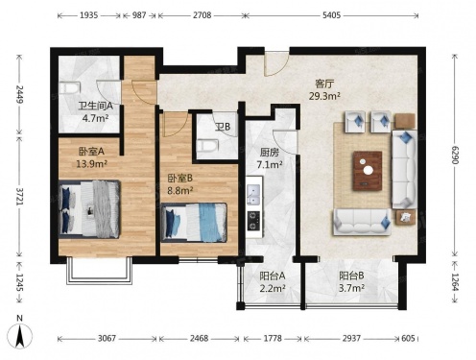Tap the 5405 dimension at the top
(331, 15)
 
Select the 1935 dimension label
(88, 15)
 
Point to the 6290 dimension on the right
(455, 155)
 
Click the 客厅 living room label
(324, 84)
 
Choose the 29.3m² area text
(324, 96)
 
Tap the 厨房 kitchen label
(270, 153)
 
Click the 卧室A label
(91, 152)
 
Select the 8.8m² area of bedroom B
(180, 191)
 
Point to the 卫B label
(223, 127)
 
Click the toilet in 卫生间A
(69, 88)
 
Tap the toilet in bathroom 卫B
(208, 146)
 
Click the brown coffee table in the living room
(368, 170)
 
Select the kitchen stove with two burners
(254, 221)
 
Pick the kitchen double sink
(254, 195)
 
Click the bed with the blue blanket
(194, 223)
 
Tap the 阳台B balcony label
(351, 276)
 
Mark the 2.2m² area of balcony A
(273, 288)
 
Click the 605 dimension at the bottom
(408, 338)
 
